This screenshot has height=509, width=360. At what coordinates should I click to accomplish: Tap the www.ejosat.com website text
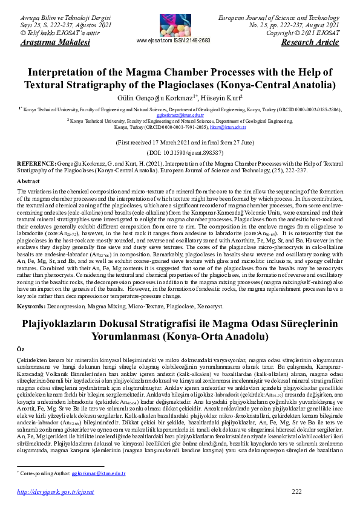pyautogui.click(x=155, y=40)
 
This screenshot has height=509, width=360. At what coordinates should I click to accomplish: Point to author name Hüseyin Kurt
pyautogui.click(x=223, y=97)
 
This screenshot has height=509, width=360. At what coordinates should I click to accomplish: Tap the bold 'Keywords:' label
pyautogui.click(x=32, y=306)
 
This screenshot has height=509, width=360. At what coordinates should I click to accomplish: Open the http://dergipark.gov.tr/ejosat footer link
pyautogui.click(x=51, y=491)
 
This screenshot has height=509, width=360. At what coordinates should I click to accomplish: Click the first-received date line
pyautogui.click(x=180, y=143)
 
